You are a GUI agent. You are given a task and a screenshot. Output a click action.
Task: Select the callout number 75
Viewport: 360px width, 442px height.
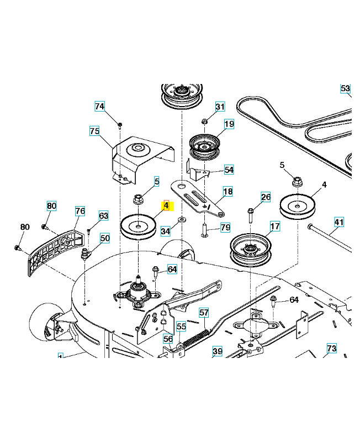pyautogui.click(x=94, y=131)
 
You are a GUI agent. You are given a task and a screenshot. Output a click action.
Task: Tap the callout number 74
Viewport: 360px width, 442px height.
pyautogui.click(x=99, y=107)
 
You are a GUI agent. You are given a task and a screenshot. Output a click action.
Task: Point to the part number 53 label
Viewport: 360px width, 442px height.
pyautogui.click(x=345, y=88)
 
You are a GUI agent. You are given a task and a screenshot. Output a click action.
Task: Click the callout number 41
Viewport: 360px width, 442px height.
pyautogui.click(x=338, y=222)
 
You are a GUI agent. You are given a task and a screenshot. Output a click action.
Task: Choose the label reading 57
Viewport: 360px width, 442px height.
pyautogui.click(x=204, y=313)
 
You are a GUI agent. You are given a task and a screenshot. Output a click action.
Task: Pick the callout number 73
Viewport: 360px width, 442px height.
pyautogui.click(x=331, y=348)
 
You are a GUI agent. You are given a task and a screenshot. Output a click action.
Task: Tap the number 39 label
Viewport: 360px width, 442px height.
pyautogui.click(x=217, y=351)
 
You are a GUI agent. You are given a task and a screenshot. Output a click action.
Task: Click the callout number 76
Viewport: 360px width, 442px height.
pyautogui.click(x=80, y=211)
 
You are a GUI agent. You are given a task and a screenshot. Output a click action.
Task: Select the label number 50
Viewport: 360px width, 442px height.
pyautogui.click(x=104, y=238)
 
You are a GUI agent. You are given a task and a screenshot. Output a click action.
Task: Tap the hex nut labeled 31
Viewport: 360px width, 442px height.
pyautogui.click(x=204, y=121)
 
